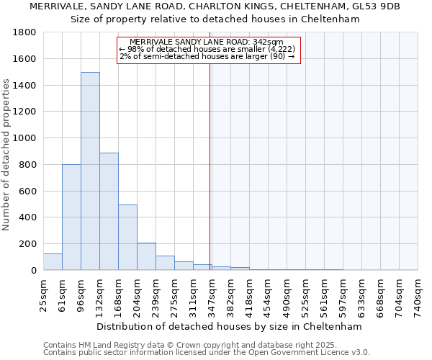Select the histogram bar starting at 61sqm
[71, 217]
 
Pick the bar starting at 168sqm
[127, 237]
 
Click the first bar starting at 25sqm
[53, 261]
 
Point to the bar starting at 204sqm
[146, 256]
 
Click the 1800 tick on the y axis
[24, 32]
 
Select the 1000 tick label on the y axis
[24, 138]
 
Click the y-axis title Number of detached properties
[7, 155]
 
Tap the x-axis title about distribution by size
[230, 326]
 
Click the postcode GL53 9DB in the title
[377, 6]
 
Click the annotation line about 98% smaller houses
[207, 49]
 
